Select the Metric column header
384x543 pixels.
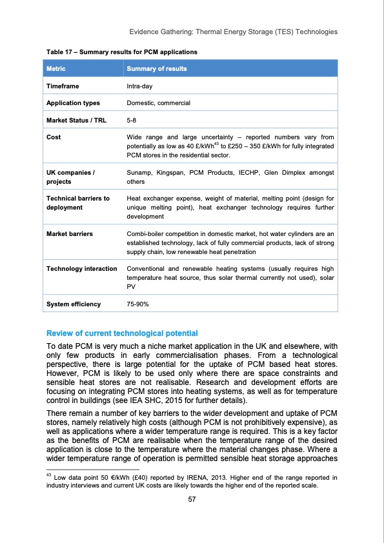(x=56, y=68)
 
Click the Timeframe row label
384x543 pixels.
(x=63, y=85)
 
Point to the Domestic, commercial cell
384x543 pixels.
(x=158, y=103)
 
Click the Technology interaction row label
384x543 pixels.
(x=81, y=268)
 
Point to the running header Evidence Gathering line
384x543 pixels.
(x=233, y=32)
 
